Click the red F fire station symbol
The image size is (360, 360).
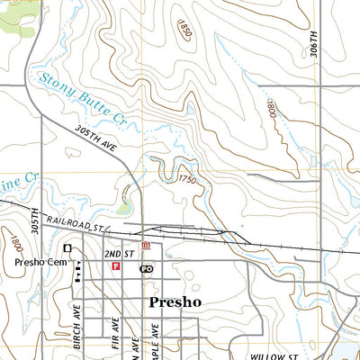(114, 266)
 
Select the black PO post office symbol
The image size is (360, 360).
(146, 268)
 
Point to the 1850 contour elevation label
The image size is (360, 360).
(184, 30)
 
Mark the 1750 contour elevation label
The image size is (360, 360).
(186, 180)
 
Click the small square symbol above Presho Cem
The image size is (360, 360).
(67, 247)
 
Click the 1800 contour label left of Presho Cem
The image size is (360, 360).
(16, 243)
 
